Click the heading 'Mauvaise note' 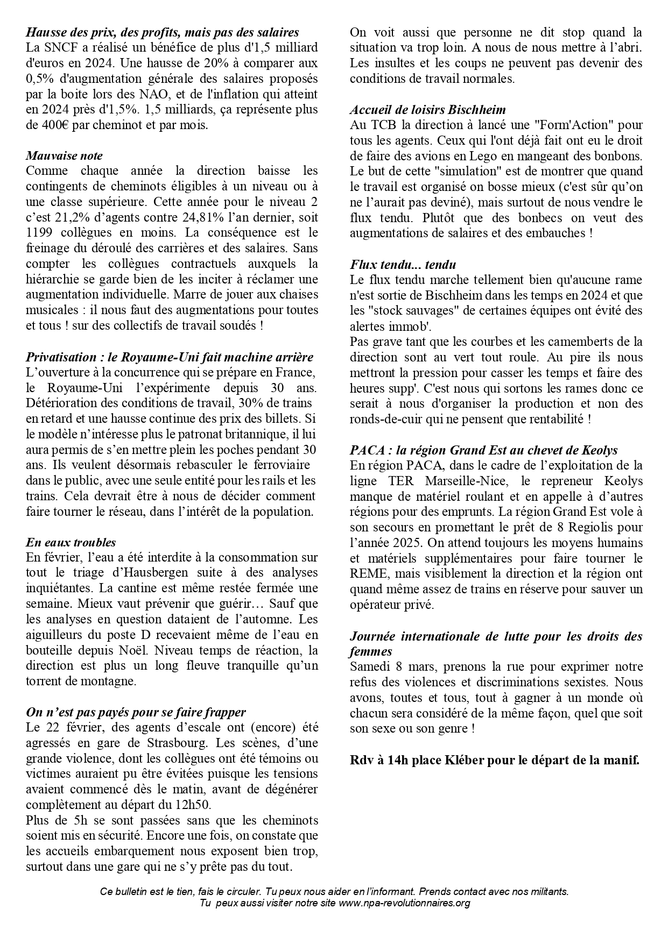pos(64,156)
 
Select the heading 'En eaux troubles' pos(71,542)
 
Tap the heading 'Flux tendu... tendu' pos(403,265)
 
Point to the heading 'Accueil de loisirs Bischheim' pos(427,110)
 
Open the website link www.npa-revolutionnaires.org pos(404,903)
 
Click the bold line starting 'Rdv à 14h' pos(494,761)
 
